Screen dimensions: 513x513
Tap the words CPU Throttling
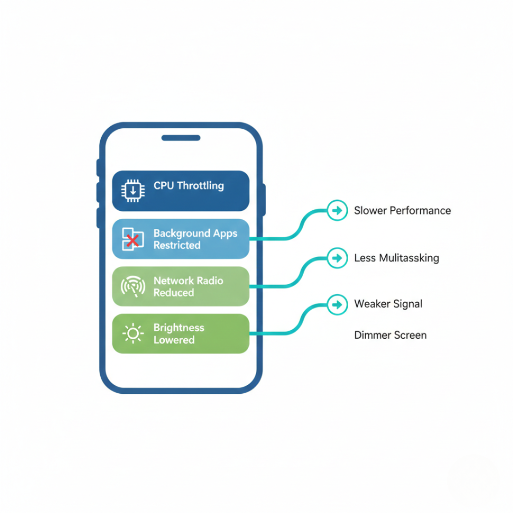(188, 186)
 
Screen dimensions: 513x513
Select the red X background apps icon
(133, 239)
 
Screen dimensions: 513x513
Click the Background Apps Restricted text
(195, 239)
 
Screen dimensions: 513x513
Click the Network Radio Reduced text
(188, 287)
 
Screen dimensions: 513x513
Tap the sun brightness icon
(133, 334)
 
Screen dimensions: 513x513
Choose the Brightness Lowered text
(179, 334)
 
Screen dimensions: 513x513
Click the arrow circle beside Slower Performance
(337, 210)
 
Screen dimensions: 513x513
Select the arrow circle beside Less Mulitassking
(337, 258)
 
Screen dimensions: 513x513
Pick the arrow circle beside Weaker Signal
(337, 304)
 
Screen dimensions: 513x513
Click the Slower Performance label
(402, 210)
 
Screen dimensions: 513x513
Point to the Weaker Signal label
(388, 304)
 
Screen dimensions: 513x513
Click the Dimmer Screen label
(390, 335)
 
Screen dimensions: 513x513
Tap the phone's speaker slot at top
(180, 138)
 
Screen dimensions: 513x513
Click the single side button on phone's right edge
(264, 199)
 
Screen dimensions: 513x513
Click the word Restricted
(177, 245)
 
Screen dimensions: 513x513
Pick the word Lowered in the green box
(174, 340)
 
